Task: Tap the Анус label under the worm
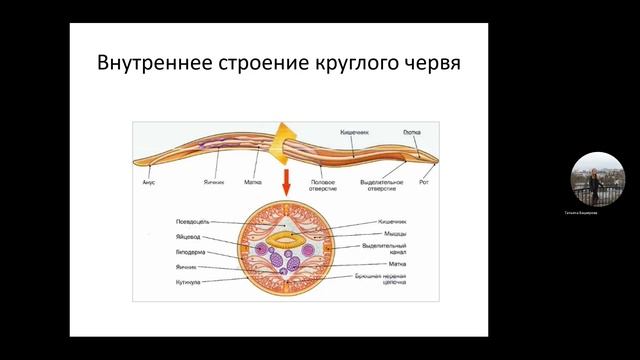pyautogui.click(x=148, y=182)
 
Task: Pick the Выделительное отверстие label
pyautogui.click(x=382, y=185)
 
